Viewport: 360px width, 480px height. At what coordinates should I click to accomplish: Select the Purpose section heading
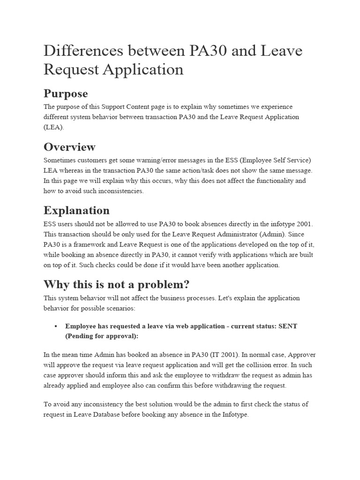[65, 93]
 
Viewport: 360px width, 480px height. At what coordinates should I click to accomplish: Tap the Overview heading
[69, 147]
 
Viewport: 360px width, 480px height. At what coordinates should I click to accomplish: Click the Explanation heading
[76, 210]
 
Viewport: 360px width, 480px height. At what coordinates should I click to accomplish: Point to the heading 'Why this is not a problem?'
[117, 284]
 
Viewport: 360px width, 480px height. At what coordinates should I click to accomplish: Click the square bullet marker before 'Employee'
[55, 326]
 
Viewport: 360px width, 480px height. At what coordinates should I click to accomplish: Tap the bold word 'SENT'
[288, 326]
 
